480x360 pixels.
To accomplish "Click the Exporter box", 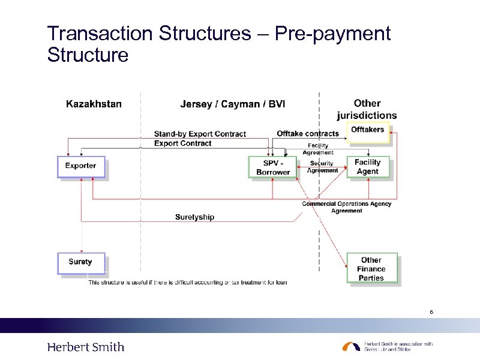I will click(81, 166).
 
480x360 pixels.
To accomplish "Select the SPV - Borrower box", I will click(273, 167).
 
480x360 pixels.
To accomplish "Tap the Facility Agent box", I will click(368, 167).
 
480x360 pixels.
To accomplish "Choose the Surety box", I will click(81, 262).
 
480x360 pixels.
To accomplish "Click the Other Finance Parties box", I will click(371, 269).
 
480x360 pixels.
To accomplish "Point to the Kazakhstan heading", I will click(94, 104).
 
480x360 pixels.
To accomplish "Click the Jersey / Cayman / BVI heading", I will click(233, 104).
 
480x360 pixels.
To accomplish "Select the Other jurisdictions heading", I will click(367, 109).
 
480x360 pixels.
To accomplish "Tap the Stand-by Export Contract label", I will click(200, 134).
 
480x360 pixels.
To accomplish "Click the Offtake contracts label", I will click(308, 133).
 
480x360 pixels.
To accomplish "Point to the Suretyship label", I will click(194, 217).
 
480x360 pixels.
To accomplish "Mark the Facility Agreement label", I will click(318, 149).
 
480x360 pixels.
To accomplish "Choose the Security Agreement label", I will click(322, 167).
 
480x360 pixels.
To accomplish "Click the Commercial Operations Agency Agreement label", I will click(347, 207).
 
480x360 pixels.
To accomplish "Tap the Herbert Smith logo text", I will click(86, 347).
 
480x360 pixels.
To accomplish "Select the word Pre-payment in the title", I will click(332, 34).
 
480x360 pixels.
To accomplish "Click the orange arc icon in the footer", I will click(351, 347).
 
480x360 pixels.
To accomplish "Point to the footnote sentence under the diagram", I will click(188, 282).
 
